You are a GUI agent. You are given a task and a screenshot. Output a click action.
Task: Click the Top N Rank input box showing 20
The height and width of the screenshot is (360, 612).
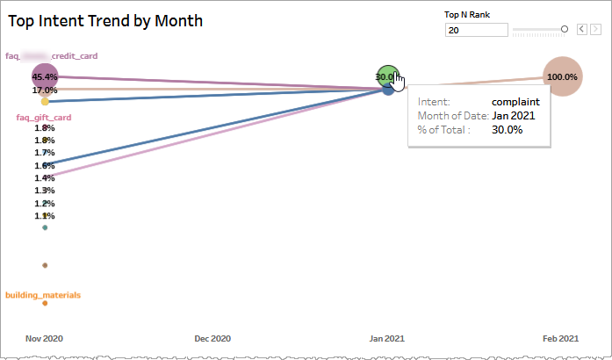point(477,30)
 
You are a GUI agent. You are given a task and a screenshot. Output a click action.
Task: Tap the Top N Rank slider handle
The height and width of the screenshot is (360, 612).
point(565,30)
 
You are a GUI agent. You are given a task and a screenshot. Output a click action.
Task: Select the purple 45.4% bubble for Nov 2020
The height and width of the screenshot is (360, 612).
point(44,76)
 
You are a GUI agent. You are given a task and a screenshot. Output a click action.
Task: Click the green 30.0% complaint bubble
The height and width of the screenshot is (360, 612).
point(385,76)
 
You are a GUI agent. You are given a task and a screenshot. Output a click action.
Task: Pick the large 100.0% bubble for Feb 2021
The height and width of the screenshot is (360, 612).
point(562,76)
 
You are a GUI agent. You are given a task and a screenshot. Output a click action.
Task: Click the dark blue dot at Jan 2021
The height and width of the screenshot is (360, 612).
point(388,90)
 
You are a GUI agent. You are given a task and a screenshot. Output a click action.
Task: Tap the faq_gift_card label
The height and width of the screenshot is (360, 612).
point(44,117)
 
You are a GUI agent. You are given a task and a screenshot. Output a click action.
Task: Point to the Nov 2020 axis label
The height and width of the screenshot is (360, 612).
point(44,339)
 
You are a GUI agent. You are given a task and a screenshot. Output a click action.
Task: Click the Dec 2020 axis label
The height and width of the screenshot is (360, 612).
point(213,339)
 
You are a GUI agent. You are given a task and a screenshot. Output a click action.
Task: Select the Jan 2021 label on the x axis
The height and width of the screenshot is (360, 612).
point(387,339)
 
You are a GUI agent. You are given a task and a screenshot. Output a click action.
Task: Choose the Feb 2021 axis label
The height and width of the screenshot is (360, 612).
point(561,339)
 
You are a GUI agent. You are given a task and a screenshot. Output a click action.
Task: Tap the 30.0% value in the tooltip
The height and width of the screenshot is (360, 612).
point(507,129)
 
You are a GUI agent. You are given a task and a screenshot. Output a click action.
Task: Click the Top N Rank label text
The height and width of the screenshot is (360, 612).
point(473,14)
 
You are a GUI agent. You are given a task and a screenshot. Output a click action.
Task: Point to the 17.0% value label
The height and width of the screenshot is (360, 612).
point(45,90)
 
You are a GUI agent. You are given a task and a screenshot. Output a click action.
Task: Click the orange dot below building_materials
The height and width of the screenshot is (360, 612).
point(45,304)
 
